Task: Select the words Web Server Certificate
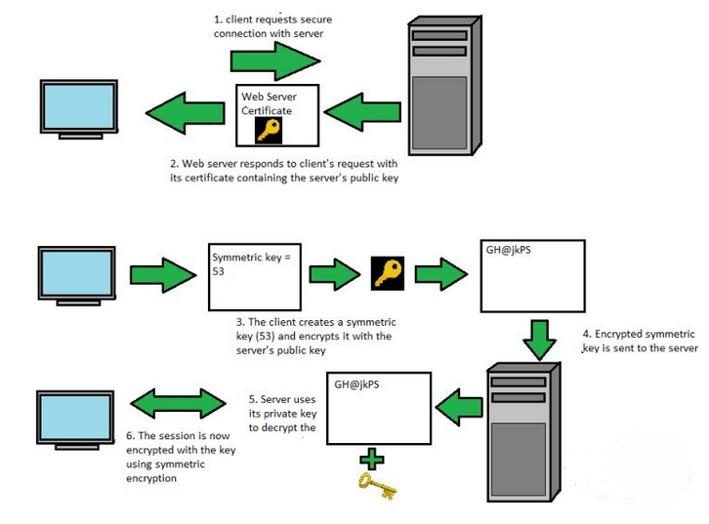269,103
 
